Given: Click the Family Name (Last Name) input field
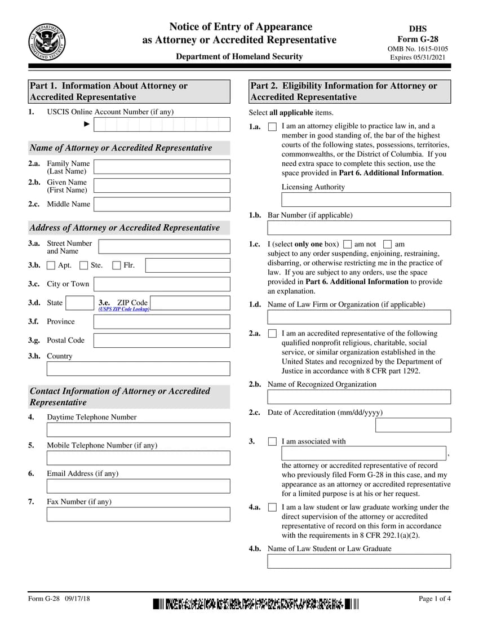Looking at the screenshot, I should (162, 167).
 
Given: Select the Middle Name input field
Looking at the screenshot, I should (162, 204).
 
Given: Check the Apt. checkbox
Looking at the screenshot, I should (51, 265).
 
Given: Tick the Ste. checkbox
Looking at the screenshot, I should (84, 265).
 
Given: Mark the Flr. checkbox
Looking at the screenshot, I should (117, 265).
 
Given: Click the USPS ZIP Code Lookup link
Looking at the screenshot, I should (124, 309).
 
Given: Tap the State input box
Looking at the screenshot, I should (79, 303).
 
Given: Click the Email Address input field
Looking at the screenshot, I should (138, 486).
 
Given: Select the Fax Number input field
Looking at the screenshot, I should (138, 514).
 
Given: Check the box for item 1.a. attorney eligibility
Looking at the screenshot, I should (272, 127).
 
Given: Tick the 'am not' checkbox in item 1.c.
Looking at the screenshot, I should (348, 245).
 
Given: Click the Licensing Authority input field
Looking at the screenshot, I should (366, 200).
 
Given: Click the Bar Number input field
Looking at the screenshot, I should (359, 228).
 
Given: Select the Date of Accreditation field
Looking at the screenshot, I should (413, 425).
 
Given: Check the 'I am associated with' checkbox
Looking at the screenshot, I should (272, 442).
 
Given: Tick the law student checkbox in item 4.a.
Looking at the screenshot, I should (272, 508).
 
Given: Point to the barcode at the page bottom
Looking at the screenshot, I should (255, 605).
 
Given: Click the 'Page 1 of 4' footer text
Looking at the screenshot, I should (434, 599).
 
